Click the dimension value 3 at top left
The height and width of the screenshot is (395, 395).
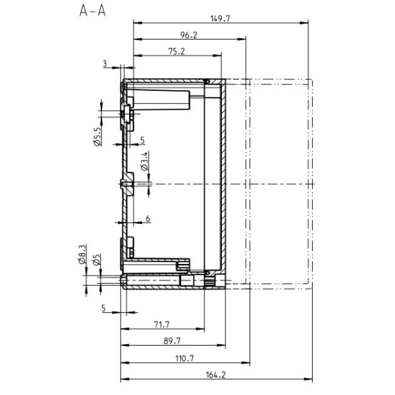[x=105, y=63]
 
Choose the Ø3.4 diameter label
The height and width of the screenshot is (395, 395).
[x=145, y=161]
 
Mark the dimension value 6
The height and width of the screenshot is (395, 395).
[x=147, y=218]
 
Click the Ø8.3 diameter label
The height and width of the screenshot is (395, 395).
[x=83, y=254]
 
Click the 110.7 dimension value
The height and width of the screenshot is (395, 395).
[x=185, y=358]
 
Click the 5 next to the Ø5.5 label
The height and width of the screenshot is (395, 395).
[x=142, y=140]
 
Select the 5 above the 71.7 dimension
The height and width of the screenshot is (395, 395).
[x=104, y=307]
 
